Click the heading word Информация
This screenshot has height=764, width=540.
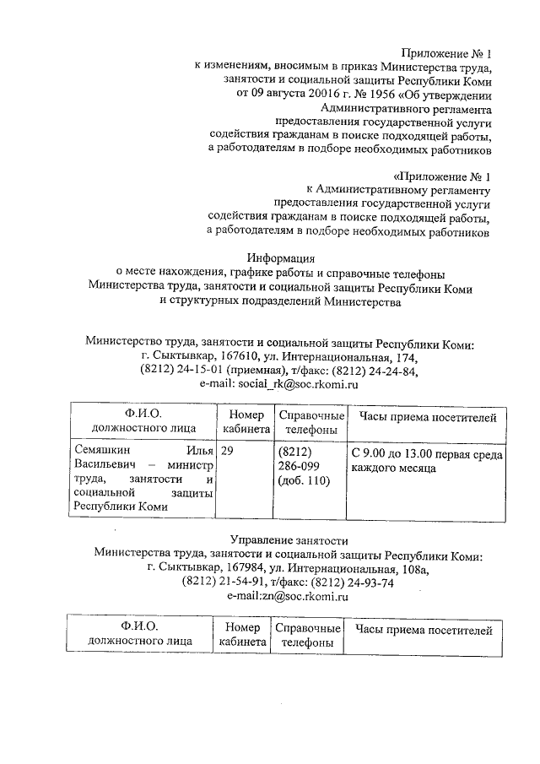[281, 258]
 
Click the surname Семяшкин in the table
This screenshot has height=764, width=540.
[103, 453]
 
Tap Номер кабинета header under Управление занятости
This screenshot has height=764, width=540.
[242, 634]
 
